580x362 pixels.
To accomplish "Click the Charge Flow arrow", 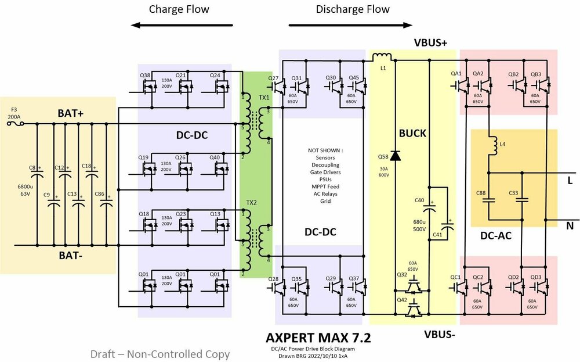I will (182, 26).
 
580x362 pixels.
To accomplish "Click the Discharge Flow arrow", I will (350, 26).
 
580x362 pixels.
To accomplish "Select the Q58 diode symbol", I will (396, 156).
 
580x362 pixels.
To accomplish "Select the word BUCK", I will (413, 133).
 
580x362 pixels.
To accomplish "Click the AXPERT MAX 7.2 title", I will (318, 338).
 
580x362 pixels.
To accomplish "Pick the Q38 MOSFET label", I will (145, 76).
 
